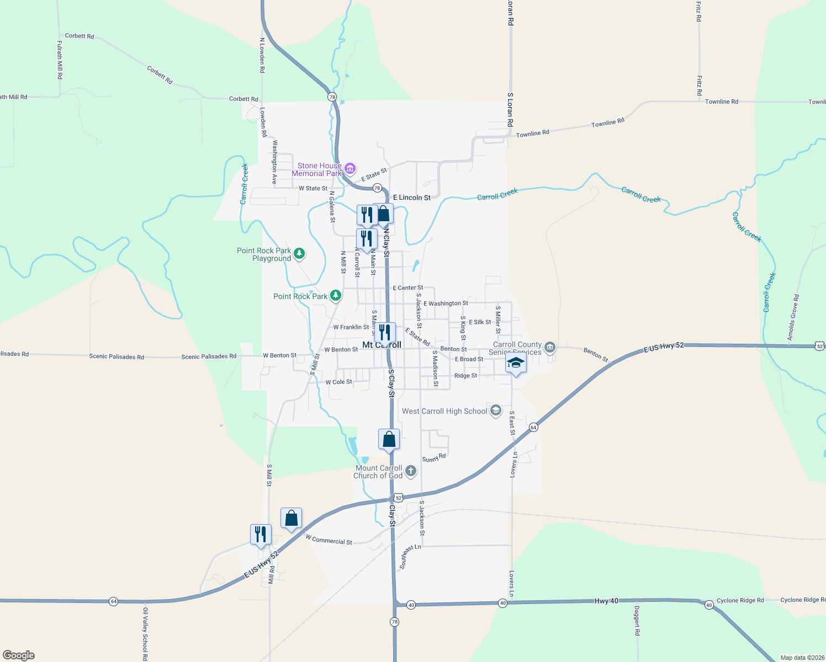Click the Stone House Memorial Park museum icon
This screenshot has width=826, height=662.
point(350,169)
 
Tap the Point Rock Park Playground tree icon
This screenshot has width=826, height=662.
point(299,254)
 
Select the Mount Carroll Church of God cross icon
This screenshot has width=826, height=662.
point(410,471)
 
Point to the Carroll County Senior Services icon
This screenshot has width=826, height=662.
point(549,347)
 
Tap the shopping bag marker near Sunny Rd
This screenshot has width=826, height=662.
point(389,440)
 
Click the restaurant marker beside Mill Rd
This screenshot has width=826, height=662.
point(261,535)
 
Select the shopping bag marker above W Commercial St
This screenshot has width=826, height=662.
point(291,519)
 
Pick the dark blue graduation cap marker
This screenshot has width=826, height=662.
point(516,363)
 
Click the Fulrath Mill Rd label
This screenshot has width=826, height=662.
point(60,60)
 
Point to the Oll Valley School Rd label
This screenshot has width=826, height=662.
point(145,634)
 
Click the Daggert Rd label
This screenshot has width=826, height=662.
point(637,621)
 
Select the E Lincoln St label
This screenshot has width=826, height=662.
point(411,197)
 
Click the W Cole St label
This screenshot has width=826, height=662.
point(338,382)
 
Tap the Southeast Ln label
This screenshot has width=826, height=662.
point(410,557)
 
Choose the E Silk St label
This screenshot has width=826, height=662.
point(479,322)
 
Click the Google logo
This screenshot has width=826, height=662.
point(19,655)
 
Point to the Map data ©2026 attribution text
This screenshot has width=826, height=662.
point(801,658)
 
